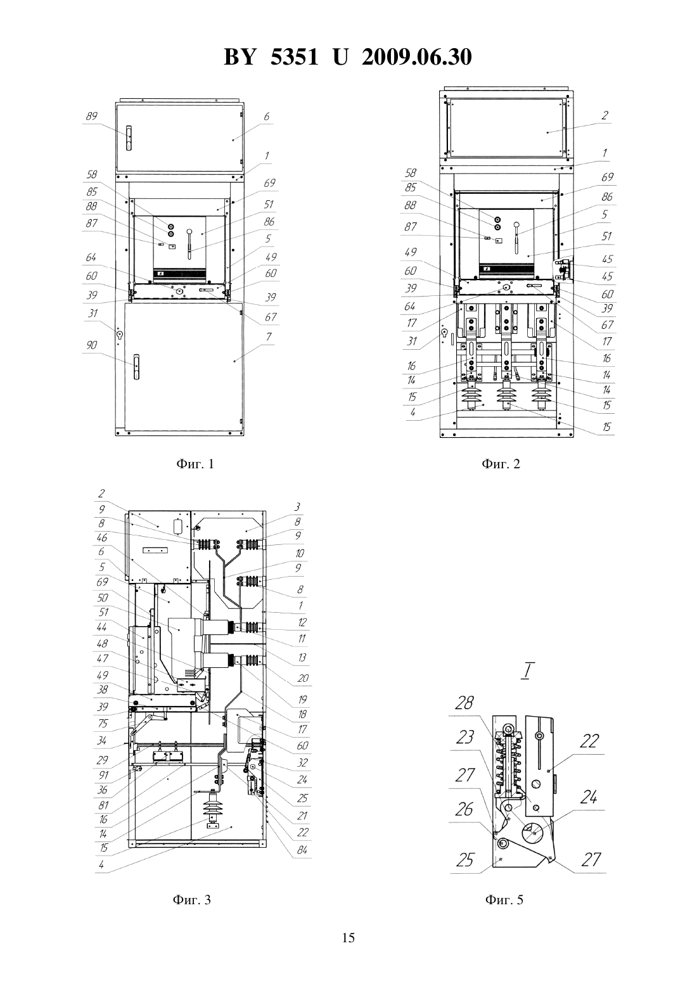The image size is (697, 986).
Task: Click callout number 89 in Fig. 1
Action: (x=91, y=117)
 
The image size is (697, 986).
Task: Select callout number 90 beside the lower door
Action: (x=91, y=345)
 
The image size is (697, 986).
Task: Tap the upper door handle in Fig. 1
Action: (x=129, y=138)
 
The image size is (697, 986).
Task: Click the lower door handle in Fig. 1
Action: (x=136, y=367)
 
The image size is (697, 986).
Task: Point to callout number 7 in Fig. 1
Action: (x=269, y=336)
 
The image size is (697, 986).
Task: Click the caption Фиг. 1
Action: (x=195, y=464)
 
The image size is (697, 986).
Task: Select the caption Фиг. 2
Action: (x=501, y=464)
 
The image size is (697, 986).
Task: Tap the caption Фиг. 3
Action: (x=192, y=900)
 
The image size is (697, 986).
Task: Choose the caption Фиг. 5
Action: (x=504, y=900)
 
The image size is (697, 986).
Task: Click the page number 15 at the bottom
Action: (x=348, y=938)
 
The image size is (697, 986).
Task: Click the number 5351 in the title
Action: (x=294, y=57)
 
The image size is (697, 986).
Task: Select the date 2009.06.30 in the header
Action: (x=417, y=57)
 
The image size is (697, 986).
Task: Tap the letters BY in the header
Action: (x=240, y=57)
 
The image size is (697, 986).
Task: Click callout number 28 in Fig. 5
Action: (x=464, y=703)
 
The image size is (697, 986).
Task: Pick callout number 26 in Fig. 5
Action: (x=464, y=809)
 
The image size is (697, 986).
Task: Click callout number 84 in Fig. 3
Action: (x=302, y=850)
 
